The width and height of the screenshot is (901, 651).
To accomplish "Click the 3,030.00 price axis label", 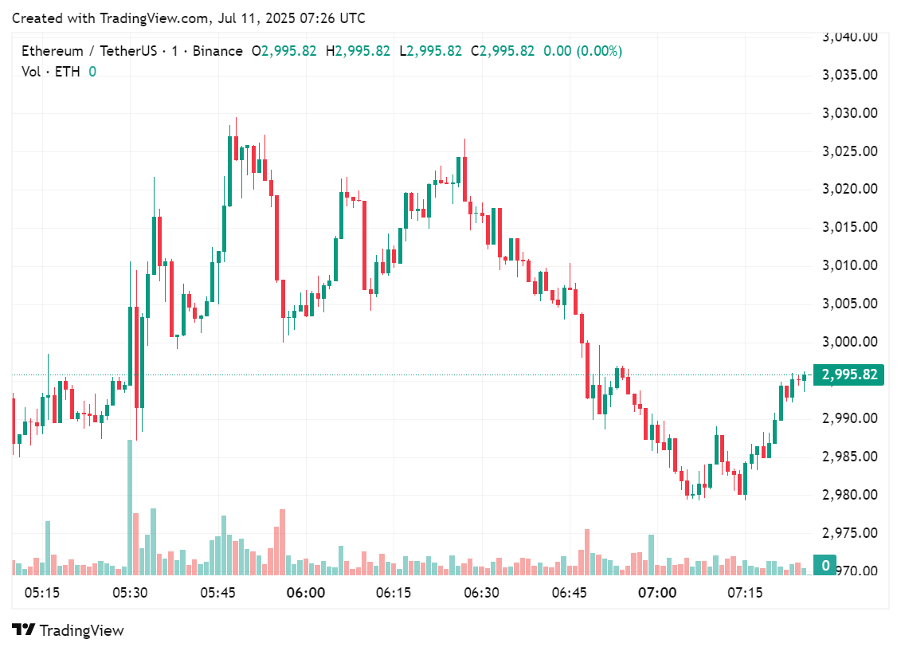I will point(849,112).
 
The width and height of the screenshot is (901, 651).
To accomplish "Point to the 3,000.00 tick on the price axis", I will point(849,342).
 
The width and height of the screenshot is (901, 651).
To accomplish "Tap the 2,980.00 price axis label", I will point(849,495).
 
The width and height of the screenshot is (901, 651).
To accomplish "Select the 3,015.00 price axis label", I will point(849,227).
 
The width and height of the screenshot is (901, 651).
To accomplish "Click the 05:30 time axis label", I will point(130,593).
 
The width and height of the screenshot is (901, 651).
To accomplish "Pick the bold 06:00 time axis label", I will point(306,593).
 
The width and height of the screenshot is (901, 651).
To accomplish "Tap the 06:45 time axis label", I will point(569,593).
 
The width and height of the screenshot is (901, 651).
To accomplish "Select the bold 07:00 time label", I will point(657,593).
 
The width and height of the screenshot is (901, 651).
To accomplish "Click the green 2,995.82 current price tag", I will point(849,375).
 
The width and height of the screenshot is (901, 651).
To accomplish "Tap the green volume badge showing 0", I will point(825,566).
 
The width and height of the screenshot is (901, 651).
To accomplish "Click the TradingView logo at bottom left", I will point(69,630).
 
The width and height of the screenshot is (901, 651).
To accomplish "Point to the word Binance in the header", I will point(217,51).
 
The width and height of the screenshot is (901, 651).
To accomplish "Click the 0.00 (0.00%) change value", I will point(582,51).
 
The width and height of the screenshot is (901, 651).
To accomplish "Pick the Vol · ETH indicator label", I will point(52,72).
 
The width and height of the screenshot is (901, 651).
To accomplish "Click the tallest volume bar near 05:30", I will point(130,507).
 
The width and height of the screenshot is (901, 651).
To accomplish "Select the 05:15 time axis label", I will point(42,593).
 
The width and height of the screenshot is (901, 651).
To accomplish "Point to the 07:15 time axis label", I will point(745,593).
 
